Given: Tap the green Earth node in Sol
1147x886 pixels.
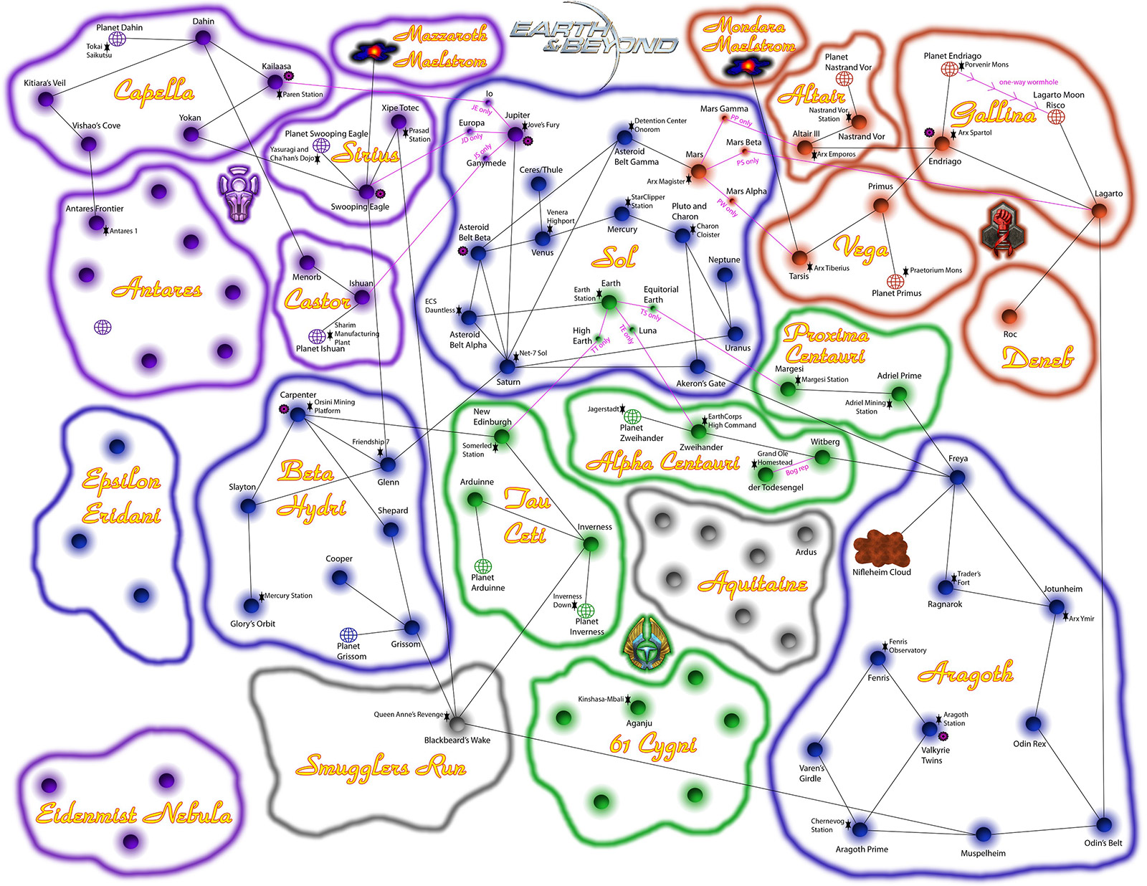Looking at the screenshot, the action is point(609,303).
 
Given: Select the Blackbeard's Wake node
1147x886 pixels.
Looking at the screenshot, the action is point(457,723).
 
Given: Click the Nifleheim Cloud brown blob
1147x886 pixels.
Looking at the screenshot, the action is point(881,549).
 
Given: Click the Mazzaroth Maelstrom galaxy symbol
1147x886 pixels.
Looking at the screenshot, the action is point(374,52).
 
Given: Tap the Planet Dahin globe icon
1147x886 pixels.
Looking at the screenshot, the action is point(117,39).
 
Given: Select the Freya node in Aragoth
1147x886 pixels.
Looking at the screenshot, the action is point(958,477).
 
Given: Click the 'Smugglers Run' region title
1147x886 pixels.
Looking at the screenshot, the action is point(381,766).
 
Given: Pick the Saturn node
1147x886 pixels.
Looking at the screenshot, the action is point(507,366).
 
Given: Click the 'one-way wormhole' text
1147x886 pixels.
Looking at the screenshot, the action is point(1028,82).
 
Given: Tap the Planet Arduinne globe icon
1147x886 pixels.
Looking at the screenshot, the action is point(482,567).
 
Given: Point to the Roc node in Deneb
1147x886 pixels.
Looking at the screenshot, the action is point(1009,317).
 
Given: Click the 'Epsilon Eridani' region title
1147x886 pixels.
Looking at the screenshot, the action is point(121,497).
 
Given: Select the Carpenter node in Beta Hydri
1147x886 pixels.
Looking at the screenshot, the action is point(298,415).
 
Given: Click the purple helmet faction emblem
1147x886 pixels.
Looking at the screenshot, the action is point(239,193).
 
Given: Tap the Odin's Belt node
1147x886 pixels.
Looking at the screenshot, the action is point(1104,824).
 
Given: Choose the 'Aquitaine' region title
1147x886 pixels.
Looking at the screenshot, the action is point(753,583).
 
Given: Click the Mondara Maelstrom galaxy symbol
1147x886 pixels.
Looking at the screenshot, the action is point(748,66).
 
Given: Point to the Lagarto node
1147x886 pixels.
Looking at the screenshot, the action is point(1099,211).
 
